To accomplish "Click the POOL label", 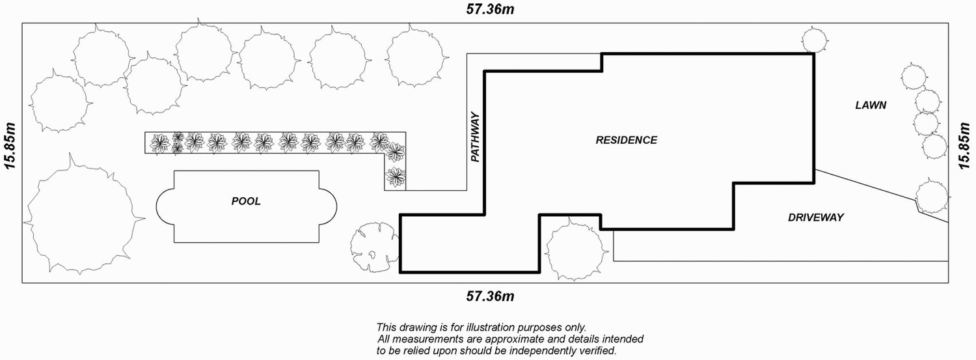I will click(x=246, y=201).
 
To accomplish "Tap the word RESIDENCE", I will click(x=627, y=140).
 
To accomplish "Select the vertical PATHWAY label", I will click(x=476, y=137).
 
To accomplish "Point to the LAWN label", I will click(x=871, y=105).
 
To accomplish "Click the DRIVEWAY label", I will click(x=815, y=217).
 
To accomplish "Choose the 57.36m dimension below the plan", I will click(x=491, y=297).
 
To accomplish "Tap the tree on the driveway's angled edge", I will click(x=932, y=197).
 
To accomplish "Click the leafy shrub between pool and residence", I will click(x=373, y=247).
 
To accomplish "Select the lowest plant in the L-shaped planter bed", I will click(x=396, y=176).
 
